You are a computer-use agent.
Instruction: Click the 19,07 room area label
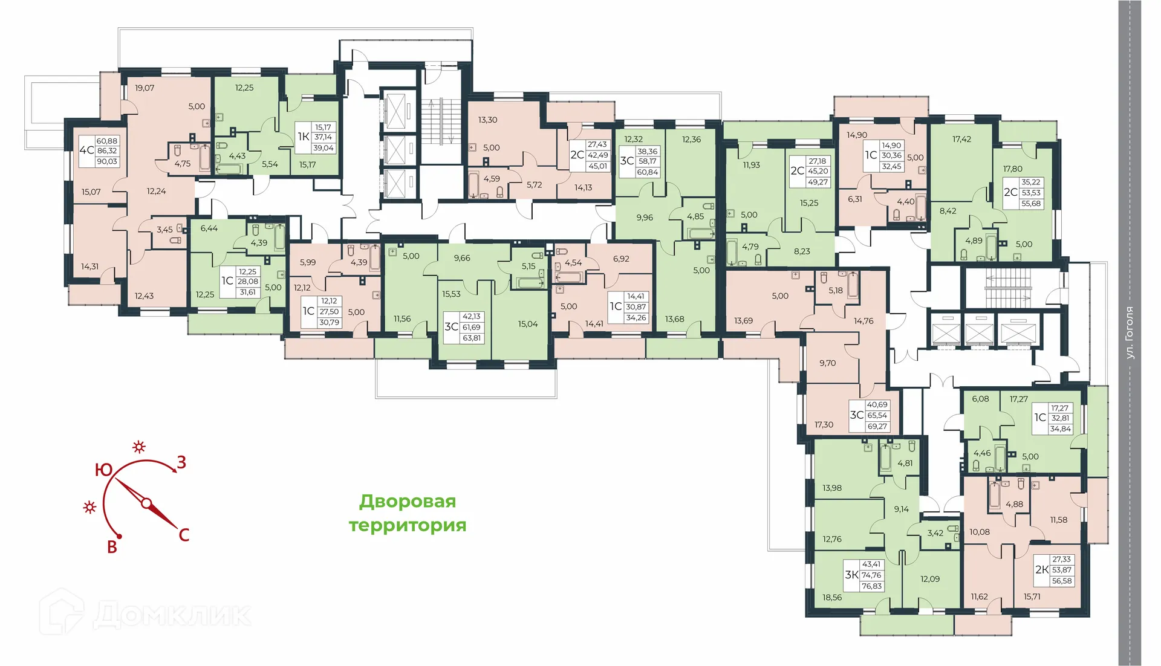point(145,88)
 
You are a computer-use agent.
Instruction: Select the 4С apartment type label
point(86,150)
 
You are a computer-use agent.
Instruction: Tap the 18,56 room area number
point(832,597)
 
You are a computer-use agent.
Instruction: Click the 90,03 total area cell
point(107,161)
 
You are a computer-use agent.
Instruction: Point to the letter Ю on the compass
point(103,470)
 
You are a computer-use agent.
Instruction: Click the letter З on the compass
point(181,463)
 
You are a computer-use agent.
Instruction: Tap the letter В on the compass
point(112,548)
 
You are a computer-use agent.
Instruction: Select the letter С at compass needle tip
point(184,535)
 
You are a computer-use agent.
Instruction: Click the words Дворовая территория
point(408,513)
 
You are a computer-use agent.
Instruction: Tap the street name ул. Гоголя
point(1130,333)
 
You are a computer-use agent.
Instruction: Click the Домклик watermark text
point(172,615)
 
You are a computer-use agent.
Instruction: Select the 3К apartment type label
point(851,575)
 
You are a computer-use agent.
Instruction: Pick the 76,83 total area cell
point(871,586)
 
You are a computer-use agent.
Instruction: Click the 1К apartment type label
point(304,137)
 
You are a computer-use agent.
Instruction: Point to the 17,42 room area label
point(961,139)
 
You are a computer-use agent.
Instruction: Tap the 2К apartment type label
point(1041,570)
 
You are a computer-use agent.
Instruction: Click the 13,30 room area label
point(487,120)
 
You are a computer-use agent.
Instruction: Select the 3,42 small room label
point(935,533)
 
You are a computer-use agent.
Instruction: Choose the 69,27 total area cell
point(877,426)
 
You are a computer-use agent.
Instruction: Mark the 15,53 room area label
point(451,294)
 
